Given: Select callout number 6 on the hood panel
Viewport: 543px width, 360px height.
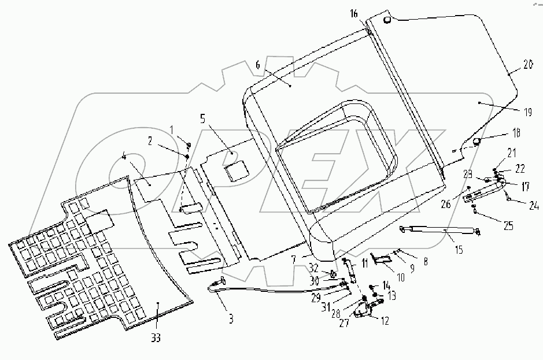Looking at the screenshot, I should pyautogui.click(x=257, y=65).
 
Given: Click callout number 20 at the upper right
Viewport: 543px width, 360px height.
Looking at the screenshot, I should pyautogui.click(x=527, y=65).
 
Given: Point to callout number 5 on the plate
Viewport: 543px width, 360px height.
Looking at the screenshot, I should pyautogui.click(x=202, y=120).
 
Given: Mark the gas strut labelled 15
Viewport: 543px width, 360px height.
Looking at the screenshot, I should pyautogui.click(x=439, y=231).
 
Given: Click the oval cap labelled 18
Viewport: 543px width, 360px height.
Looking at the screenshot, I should pyautogui.click(x=477, y=141).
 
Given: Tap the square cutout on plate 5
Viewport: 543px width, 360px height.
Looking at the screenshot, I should pyautogui.click(x=236, y=171).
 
